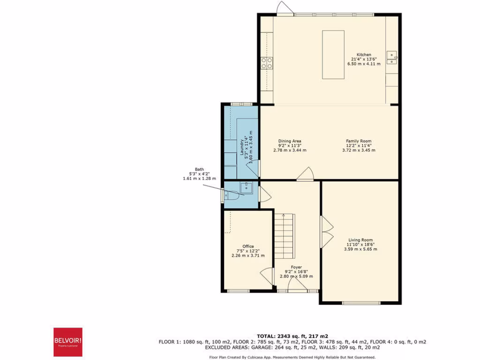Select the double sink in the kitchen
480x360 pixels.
pos(392,57)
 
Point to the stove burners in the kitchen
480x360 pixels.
pos(267,62)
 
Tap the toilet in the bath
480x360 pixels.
pos(232,195)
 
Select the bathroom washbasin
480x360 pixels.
pos(246,188)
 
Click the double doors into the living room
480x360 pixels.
pos(327,232)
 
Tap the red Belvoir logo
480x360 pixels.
pos(68,342)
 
